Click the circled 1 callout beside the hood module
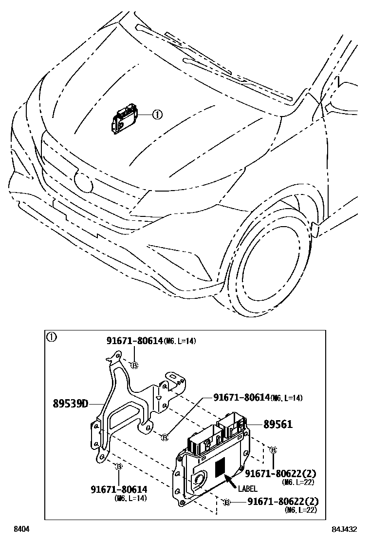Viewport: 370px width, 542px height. click(157, 115)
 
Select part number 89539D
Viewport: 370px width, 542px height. click(71, 404)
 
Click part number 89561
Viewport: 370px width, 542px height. click(278, 425)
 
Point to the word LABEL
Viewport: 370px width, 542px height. click(247, 489)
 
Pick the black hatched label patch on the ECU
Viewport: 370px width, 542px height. click(221, 467)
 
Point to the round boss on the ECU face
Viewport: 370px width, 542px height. click(200, 480)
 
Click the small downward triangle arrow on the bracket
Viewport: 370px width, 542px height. click(158, 398)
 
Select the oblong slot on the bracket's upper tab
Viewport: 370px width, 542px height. click(174, 378)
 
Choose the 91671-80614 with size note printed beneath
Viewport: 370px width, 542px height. click(119, 488)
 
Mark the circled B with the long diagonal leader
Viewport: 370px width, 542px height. click(165, 437)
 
